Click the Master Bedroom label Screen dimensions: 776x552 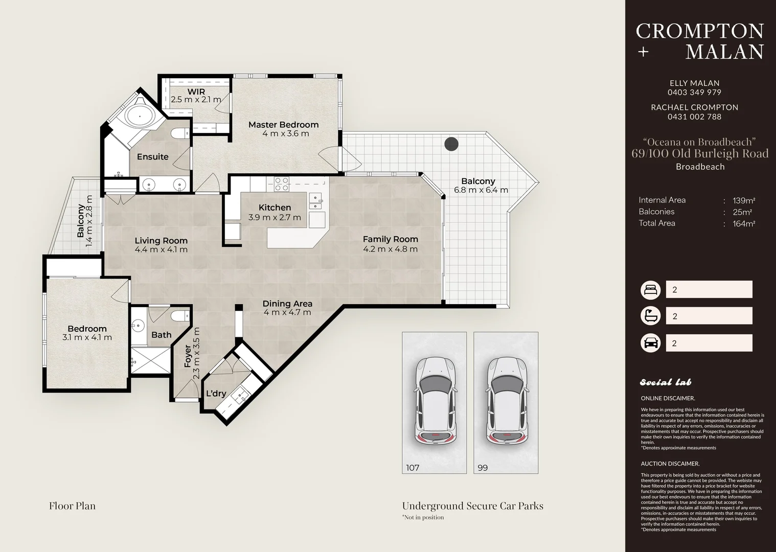[283, 125]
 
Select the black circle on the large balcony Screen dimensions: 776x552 [451, 144]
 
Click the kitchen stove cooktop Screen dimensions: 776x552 [282, 184]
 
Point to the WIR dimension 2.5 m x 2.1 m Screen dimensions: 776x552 [196, 100]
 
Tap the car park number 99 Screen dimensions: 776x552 [483, 468]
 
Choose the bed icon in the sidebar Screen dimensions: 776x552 [650, 289]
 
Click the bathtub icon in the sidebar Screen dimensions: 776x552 [650, 316]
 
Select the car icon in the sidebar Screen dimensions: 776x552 [650, 343]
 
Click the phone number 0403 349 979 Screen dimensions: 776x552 [694, 93]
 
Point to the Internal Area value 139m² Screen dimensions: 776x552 [744, 200]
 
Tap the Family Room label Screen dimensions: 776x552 [391, 239]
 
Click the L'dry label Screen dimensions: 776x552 [216, 394]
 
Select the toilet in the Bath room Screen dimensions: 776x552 [180, 316]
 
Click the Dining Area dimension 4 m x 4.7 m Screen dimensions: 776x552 [287, 312]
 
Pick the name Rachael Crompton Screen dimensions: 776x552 [694, 107]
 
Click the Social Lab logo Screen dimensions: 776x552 [666, 382]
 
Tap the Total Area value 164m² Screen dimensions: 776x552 [744, 224]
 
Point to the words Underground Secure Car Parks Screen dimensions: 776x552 [472, 506]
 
